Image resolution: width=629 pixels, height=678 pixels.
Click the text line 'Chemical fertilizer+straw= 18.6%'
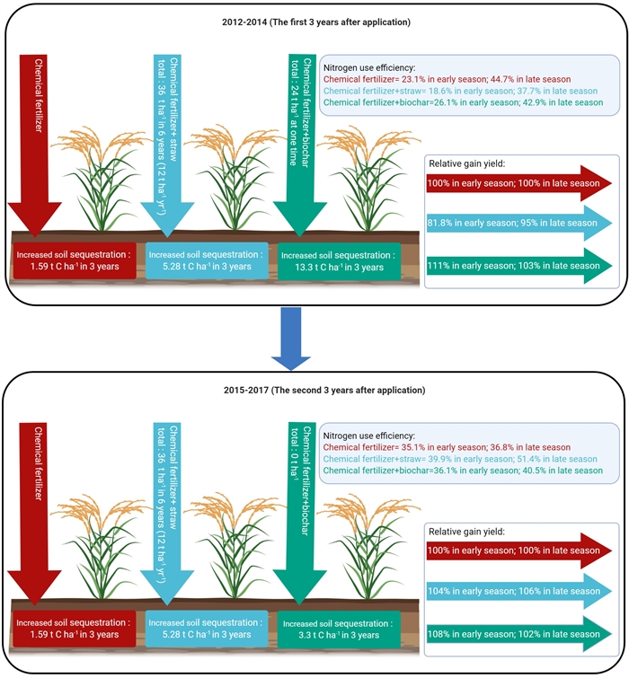[461, 91]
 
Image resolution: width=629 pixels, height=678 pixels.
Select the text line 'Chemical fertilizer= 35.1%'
[447, 446]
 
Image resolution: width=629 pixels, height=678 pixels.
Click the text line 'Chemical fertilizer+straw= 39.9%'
[461, 459]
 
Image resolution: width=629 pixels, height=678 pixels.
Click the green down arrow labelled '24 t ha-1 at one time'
[299, 144]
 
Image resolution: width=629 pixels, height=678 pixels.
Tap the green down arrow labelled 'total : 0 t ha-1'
[299, 512]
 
